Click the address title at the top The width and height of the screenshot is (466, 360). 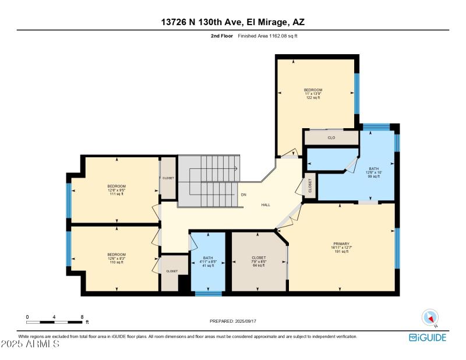[x=233, y=22]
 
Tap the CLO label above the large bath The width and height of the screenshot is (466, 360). [x=331, y=138]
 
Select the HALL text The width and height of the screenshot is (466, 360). [x=266, y=204]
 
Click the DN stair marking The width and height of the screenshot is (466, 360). [x=243, y=195]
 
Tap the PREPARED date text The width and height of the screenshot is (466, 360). [x=232, y=321]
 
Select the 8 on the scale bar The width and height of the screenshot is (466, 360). [x=82, y=317]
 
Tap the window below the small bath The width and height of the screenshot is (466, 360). [x=208, y=293]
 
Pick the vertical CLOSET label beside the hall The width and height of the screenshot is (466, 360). [x=310, y=186]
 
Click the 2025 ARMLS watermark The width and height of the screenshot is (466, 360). [x=30, y=344]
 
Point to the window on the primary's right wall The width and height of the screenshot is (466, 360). [x=397, y=248]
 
